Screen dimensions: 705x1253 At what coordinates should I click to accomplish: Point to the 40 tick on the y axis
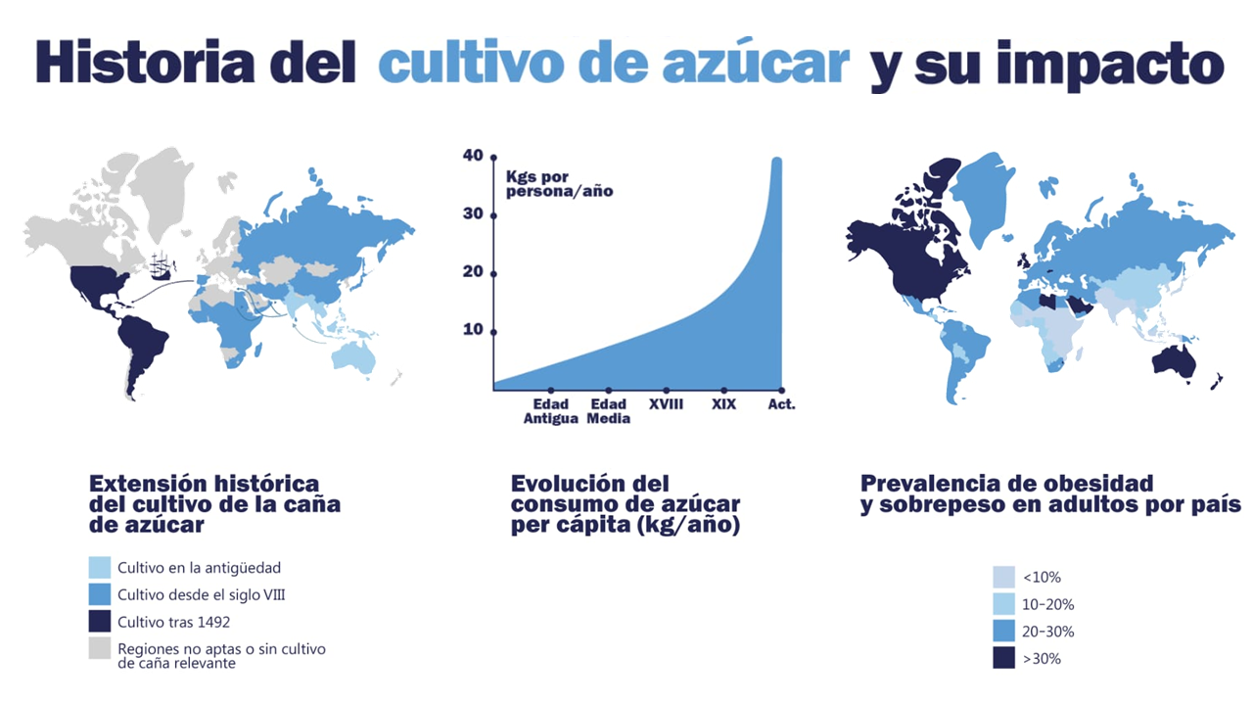[492, 157]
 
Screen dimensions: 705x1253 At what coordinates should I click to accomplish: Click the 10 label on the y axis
[474, 330]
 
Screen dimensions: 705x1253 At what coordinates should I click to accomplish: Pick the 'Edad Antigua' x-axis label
[551, 411]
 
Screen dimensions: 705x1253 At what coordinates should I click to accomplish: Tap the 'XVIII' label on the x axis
[667, 404]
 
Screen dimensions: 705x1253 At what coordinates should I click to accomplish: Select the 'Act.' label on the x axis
[782, 404]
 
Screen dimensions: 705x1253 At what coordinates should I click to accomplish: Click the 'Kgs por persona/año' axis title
[559, 184]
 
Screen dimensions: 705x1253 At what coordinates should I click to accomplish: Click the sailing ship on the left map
[163, 265]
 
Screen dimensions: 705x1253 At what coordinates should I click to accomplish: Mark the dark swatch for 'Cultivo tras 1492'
[100, 621]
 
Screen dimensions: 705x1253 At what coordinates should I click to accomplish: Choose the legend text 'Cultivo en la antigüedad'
[200, 568]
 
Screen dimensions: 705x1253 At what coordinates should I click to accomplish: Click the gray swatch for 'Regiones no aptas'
[100, 648]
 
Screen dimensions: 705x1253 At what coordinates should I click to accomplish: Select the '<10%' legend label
[1041, 577]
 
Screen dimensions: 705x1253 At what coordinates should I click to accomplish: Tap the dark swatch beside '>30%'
[1003, 658]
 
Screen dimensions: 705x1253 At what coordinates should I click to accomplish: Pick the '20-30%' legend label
[1047, 632]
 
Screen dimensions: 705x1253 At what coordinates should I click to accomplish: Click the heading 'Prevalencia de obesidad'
[1006, 483]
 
